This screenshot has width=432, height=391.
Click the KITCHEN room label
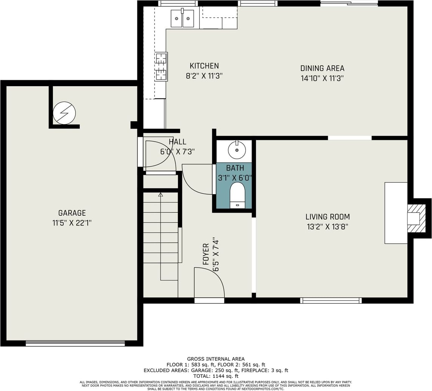204,66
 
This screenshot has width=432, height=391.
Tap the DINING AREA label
322,68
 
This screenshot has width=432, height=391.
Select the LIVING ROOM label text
327,216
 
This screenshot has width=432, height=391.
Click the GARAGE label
72,213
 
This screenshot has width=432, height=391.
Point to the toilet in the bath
237,196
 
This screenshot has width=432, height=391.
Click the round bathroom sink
237,150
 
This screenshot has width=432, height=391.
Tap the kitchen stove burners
161,66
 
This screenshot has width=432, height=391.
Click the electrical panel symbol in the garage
64,113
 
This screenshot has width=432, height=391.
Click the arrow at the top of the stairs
160,195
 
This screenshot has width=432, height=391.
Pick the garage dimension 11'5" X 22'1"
72,223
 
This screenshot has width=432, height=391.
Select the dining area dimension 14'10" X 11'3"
322,79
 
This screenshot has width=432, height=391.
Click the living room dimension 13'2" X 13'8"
327,227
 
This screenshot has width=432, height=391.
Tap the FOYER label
206,254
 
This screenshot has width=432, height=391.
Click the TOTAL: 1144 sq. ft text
216,376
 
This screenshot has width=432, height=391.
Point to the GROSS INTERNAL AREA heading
216,359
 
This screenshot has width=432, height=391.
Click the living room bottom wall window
331,301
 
